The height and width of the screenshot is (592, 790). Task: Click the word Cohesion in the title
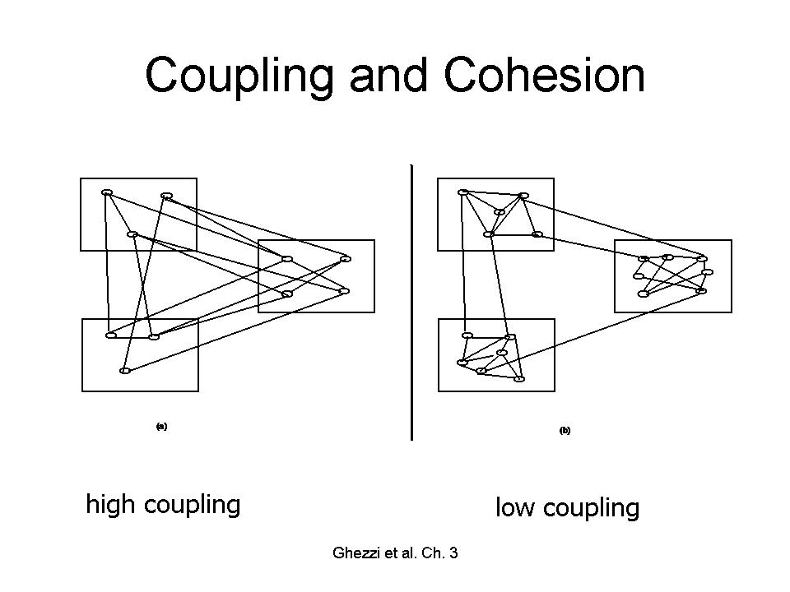click(544, 76)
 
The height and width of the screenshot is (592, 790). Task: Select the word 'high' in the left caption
click(111, 504)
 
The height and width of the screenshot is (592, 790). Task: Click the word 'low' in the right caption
click(515, 508)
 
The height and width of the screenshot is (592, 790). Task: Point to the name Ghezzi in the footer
click(355, 553)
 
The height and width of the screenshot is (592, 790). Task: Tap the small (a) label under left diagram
click(161, 426)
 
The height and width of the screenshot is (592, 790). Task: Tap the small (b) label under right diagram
click(565, 430)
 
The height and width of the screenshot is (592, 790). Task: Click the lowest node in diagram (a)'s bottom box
click(124, 371)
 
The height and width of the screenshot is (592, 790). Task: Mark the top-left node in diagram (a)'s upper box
click(106, 192)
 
